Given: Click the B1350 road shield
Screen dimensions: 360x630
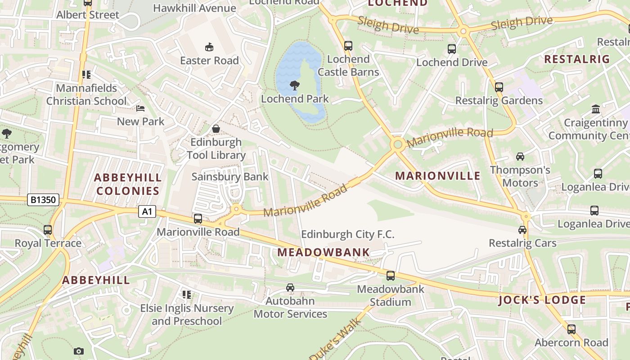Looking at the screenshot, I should [43, 200].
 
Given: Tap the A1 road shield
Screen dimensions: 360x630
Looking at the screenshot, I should [147, 211].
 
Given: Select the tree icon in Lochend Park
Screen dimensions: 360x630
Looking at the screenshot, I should [295, 85].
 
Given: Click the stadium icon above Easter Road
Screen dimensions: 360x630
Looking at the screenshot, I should [209, 47].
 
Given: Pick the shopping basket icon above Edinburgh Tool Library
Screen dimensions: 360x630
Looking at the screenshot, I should [216, 129].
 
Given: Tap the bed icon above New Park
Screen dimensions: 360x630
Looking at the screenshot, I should [140, 108].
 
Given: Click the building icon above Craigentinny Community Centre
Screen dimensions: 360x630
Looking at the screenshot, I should [596, 109].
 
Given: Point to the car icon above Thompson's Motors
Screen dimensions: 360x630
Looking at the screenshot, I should [520, 157].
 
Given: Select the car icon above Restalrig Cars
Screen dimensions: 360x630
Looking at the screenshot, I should [522, 230].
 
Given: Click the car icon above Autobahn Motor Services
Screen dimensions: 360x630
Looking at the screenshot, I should [290, 288].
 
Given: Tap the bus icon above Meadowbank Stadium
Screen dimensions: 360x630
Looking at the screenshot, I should [391, 276].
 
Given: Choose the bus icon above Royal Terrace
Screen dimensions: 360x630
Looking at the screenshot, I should [48, 230].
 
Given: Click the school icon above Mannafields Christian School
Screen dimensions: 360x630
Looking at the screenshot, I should [86, 75].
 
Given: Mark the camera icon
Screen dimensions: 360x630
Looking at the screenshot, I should [79, 351].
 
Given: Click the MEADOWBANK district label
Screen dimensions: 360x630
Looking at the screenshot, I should [324, 252].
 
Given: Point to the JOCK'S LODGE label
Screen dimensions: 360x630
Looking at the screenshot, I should [542, 300].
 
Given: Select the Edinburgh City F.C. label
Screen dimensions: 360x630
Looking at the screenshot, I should [347, 234].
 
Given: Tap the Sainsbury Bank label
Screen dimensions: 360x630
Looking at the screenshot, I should [230, 177].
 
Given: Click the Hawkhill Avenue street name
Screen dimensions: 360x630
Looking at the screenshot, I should [194, 8].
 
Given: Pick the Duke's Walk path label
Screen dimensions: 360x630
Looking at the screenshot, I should [336, 339].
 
